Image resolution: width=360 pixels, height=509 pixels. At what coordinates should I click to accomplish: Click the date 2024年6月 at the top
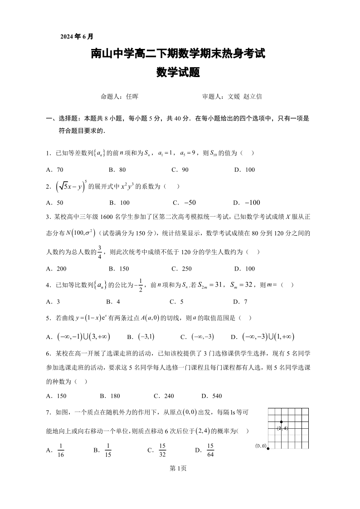pos(77,37)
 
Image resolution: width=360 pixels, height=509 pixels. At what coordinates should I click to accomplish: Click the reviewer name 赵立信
pos(253,97)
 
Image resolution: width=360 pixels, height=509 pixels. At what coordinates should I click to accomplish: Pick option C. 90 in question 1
pos(180,170)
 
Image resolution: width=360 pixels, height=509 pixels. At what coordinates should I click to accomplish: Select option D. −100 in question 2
pos(246,203)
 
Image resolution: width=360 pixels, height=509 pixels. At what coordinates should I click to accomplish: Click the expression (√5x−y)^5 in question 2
pos(70,186)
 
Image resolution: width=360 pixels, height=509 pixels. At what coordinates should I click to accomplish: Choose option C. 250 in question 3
pos(181,268)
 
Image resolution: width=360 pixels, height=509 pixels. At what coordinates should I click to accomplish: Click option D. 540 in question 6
pos(212,396)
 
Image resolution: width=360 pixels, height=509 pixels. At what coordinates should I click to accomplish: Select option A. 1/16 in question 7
pos(56,450)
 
